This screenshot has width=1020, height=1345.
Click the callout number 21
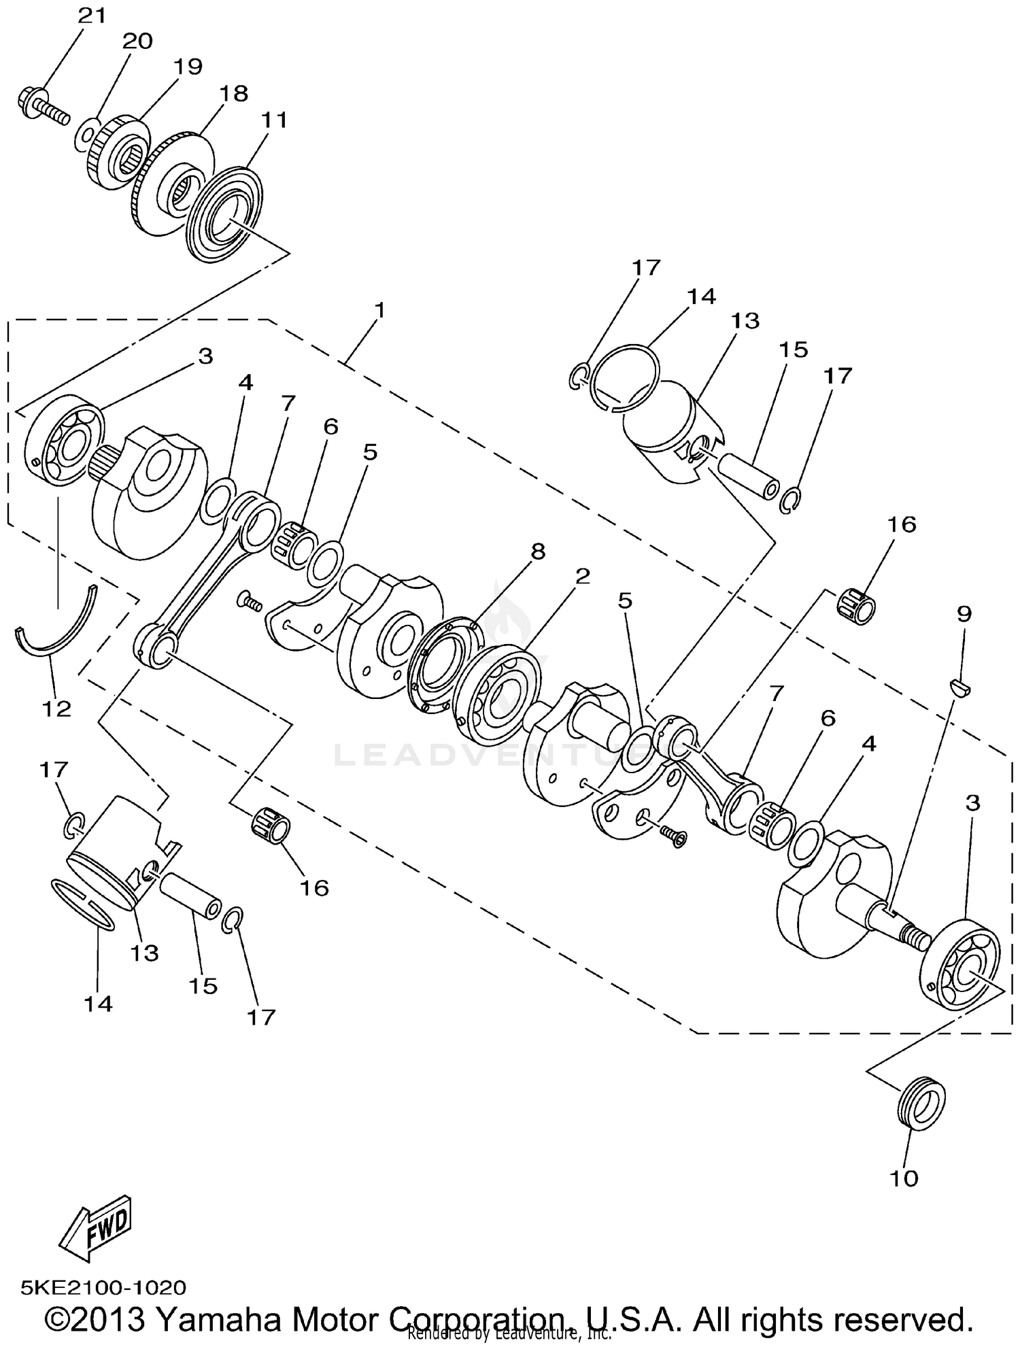click(x=92, y=15)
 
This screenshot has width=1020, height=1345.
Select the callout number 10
click(x=904, y=1179)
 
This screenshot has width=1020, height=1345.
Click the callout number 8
click(x=538, y=551)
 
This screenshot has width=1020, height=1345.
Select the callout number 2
click(x=582, y=577)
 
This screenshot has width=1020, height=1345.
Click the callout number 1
click(x=379, y=311)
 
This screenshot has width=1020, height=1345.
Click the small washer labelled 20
click(x=84, y=131)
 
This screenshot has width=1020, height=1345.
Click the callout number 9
click(x=964, y=614)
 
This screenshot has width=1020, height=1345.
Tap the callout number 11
click(x=274, y=120)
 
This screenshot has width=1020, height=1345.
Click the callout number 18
click(x=233, y=93)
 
